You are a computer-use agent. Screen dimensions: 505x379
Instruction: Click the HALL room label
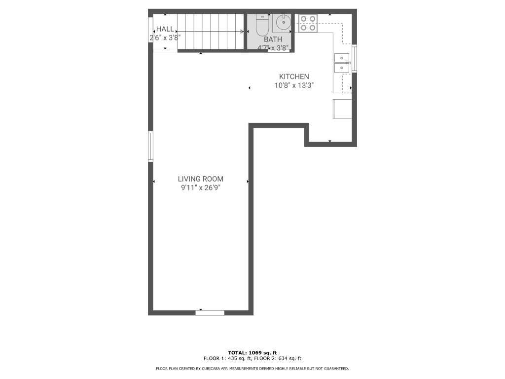tap(165, 29)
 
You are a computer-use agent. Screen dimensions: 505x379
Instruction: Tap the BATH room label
tap(273, 39)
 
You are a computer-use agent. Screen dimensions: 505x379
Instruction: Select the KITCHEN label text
tap(294, 76)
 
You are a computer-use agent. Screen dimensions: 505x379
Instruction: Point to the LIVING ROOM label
tap(200, 179)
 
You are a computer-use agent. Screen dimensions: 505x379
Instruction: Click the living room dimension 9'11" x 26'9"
tap(200, 188)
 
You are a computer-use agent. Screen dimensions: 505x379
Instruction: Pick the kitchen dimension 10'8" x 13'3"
tap(294, 85)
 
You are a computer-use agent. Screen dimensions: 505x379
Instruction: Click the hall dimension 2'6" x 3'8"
tap(165, 38)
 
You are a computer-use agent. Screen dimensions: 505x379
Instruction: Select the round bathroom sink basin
tap(284, 22)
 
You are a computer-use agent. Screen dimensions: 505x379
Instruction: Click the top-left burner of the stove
tap(303, 19)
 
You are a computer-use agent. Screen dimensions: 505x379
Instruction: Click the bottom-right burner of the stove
tap(312, 28)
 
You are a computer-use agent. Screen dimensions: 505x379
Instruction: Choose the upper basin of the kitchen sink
tap(342, 58)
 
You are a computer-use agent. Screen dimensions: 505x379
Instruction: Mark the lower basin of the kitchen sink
tap(342, 68)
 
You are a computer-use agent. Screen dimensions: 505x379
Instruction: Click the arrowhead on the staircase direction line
tap(242, 31)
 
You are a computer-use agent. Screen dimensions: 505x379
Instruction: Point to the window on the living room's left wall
tap(150, 146)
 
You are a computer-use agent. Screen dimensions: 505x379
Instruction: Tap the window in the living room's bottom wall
tap(210, 312)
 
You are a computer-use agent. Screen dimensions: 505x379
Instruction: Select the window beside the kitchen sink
tap(354, 58)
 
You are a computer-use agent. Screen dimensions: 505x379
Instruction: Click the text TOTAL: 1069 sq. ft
tap(252, 353)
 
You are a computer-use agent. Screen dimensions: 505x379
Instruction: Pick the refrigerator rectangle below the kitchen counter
tap(342, 109)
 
